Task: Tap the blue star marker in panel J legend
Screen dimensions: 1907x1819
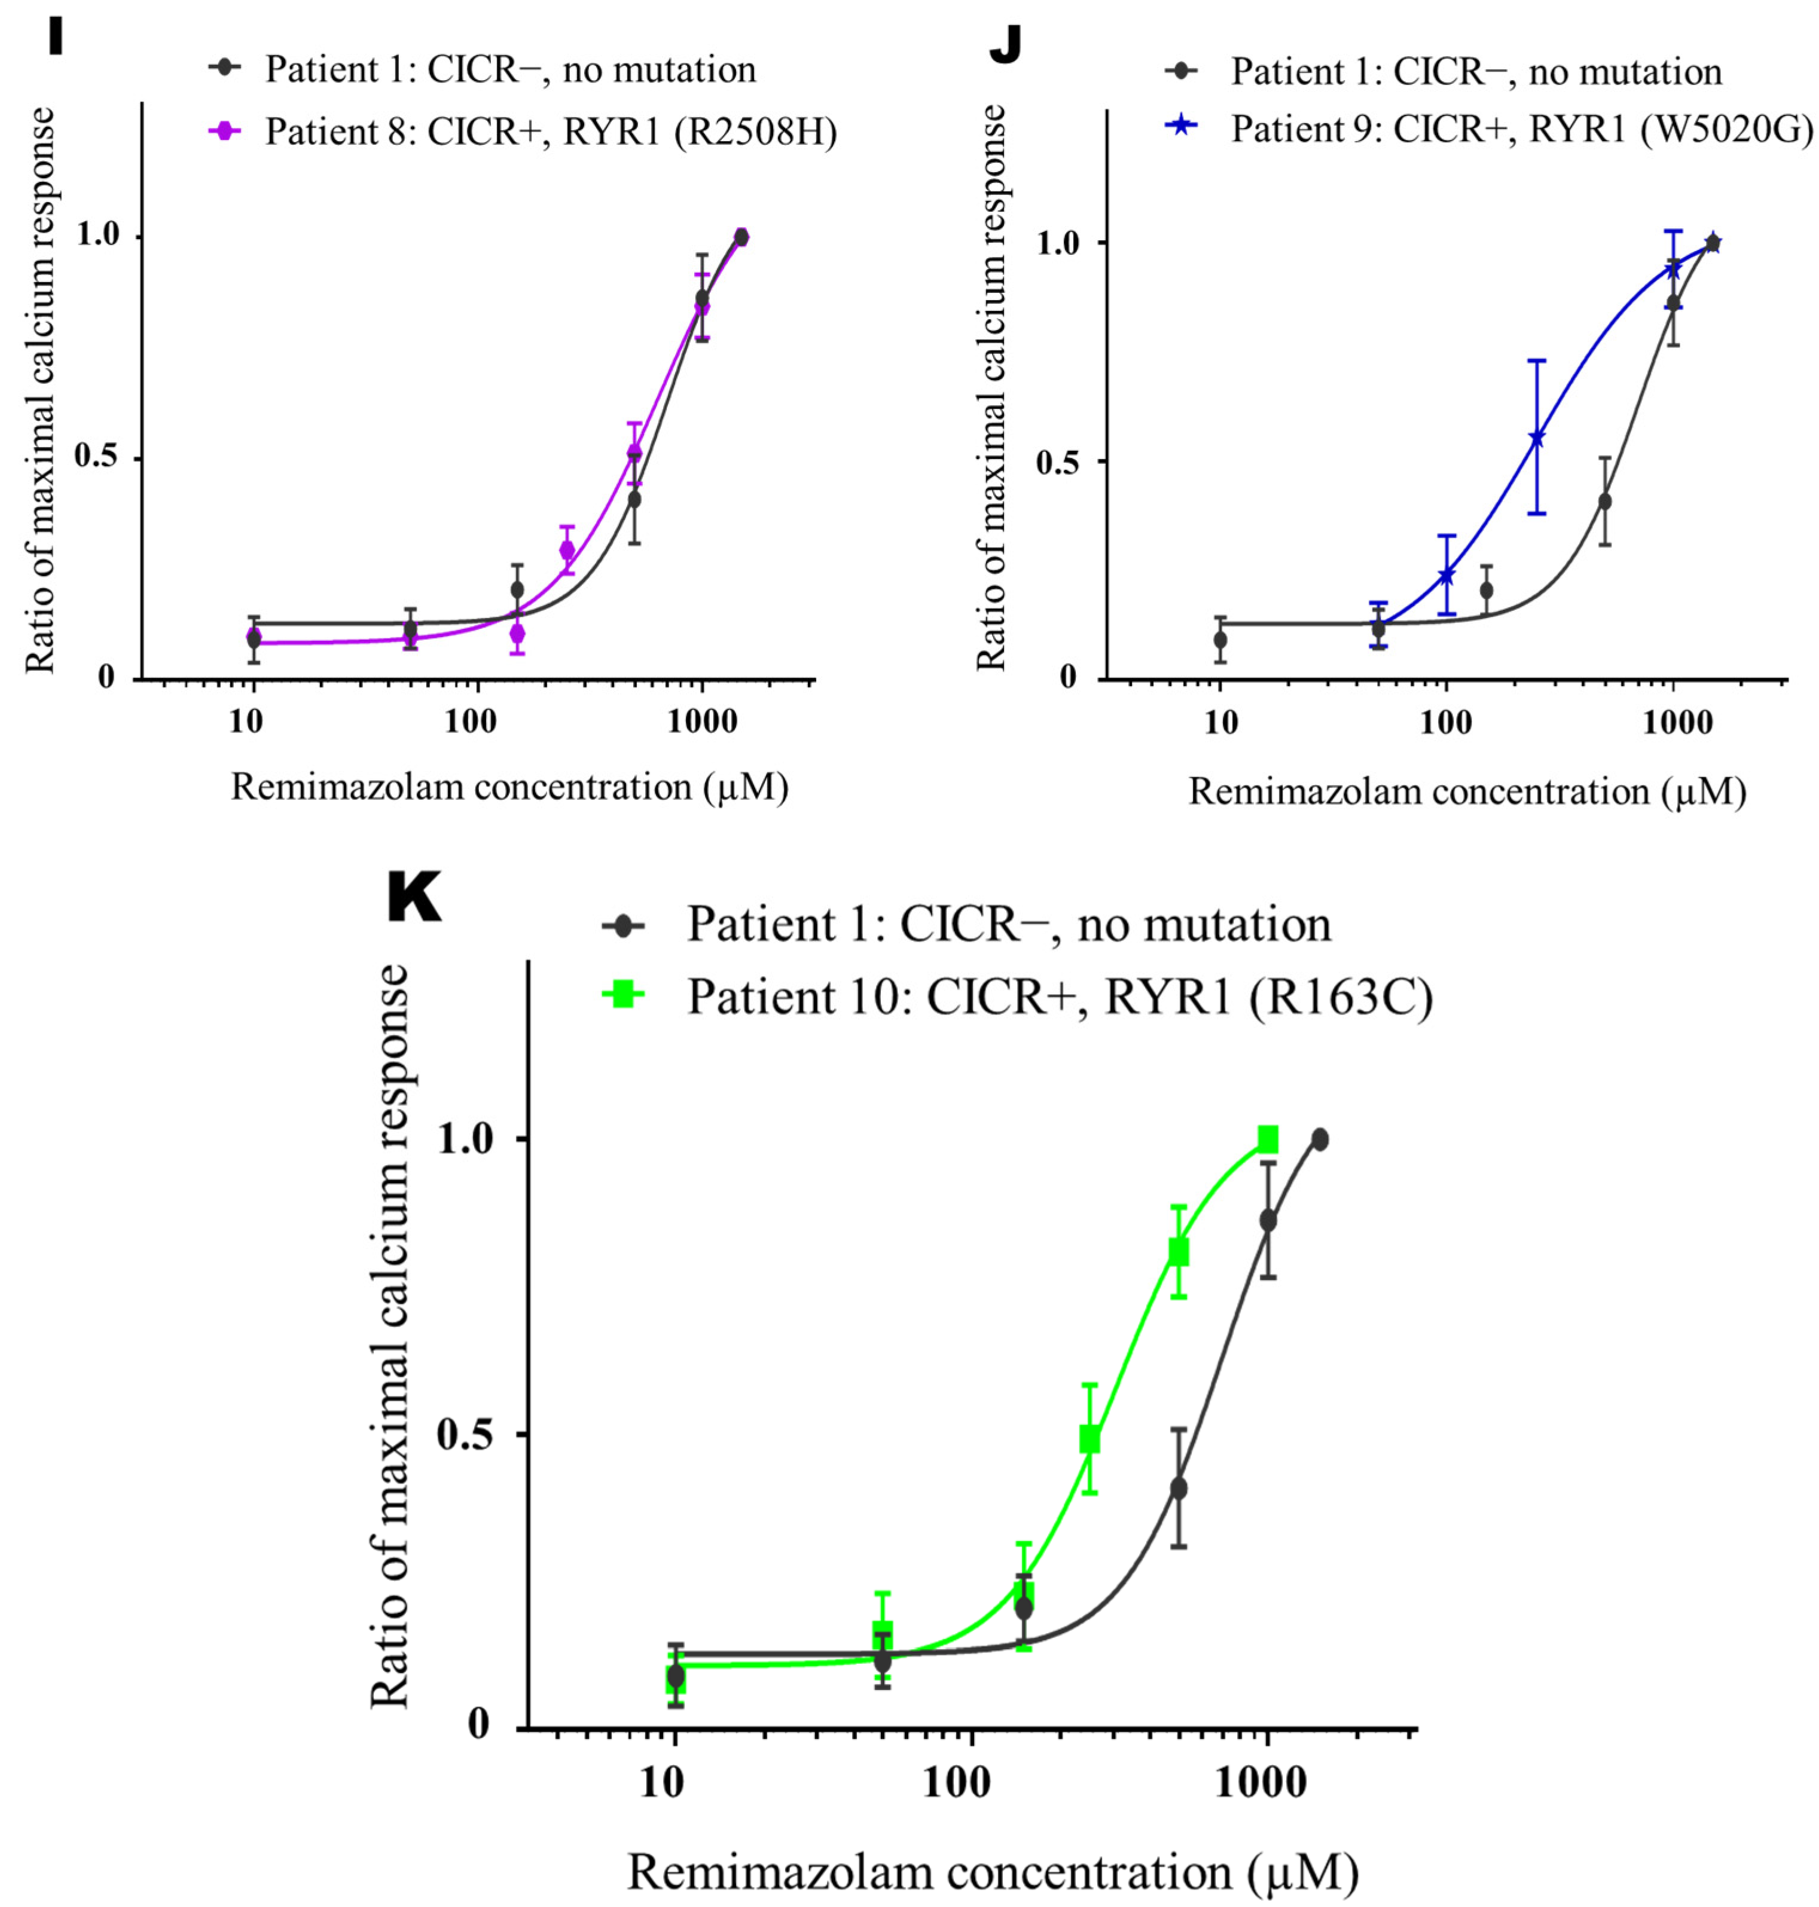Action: [x=1180, y=126]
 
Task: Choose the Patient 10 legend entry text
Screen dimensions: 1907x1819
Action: [x=1060, y=997]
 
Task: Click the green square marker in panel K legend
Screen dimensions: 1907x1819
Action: [x=622, y=994]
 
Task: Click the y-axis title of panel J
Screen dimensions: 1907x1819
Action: [x=991, y=388]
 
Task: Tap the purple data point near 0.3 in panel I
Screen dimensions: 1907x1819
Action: [x=567, y=551]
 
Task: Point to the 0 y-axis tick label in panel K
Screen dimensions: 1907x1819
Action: [x=479, y=1723]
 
